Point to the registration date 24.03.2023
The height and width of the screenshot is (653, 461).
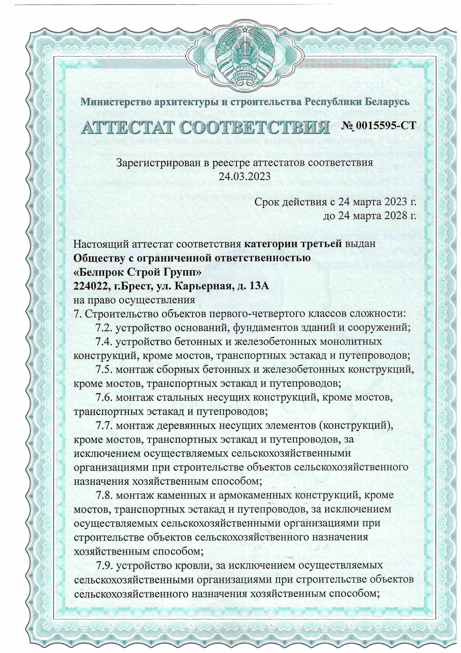pos(244,177)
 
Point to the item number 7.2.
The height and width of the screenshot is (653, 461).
pos(104,328)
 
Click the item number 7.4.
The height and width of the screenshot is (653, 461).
pos(104,342)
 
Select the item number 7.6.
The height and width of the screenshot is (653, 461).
pos(104,398)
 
